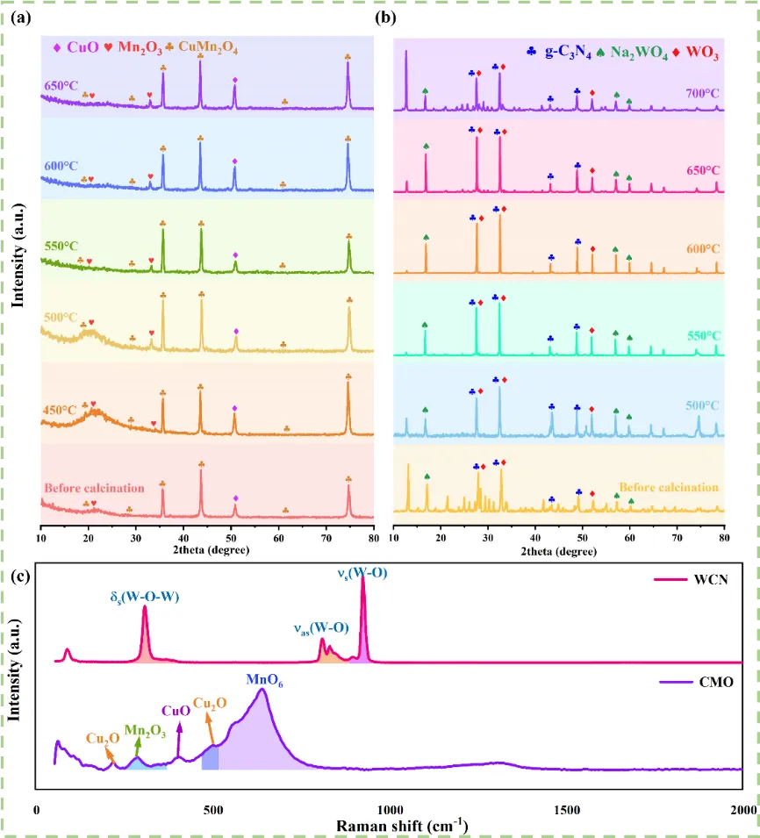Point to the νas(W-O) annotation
[x=320, y=627]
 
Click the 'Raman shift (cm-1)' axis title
[x=389, y=826]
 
